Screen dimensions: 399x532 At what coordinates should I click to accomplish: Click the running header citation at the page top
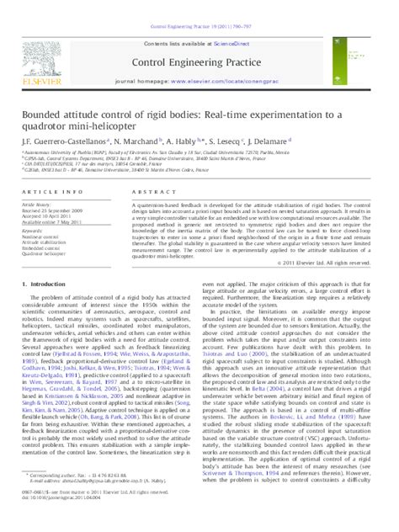tap(199, 4)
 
